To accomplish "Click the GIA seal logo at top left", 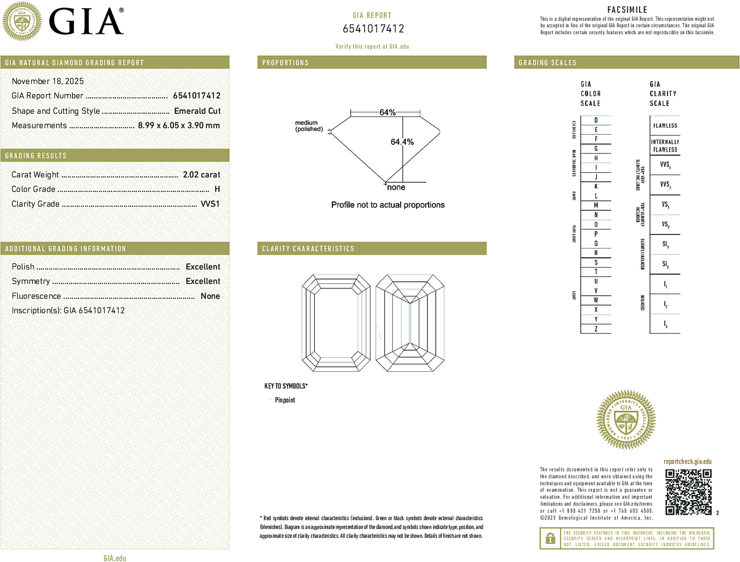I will (x=22, y=21).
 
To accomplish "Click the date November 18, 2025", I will (x=48, y=81).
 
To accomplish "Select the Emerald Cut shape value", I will (x=197, y=111).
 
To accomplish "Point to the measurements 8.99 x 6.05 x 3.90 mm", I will (x=179, y=126).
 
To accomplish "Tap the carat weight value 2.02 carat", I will (x=201, y=175).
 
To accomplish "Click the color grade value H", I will (x=217, y=189).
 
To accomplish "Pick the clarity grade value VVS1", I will (x=210, y=204).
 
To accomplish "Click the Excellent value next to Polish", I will (x=203, y=267).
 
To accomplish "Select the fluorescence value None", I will (x=210, y=296).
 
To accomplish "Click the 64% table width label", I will (x=387, y=112).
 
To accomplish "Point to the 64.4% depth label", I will (x=402, y=142).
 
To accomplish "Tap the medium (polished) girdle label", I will (x=309, y=126).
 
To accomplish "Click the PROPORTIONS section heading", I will (x=285, y=63).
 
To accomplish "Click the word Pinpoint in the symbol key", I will (x=285, y=400).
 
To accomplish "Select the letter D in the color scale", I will (x=596, y=120).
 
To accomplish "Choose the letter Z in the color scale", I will (x=596, y=329).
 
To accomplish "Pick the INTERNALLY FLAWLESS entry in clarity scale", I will (x=665, y=145).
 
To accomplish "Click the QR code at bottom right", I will (x=688, y=492).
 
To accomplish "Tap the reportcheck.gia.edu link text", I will (x=687, y=462).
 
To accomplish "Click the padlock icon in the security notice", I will (x=550, y=538).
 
